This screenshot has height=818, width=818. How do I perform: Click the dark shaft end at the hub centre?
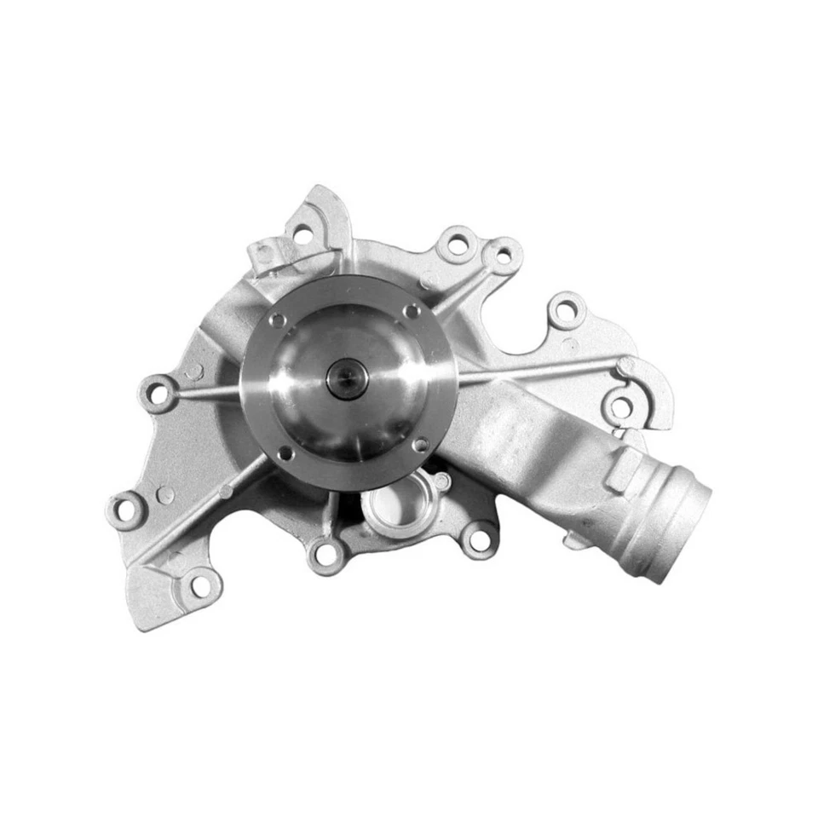pyautogui.click(x=346, y=377)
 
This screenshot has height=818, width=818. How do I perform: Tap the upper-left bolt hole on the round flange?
pyautogui.click(x=277, y=320)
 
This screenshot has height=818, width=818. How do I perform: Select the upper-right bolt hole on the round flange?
pyautogui.click(x=412, y=312)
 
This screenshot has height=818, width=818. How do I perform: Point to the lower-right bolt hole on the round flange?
pyautogui.click(x=420, y=445)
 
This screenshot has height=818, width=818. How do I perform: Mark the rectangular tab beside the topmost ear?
pyautogui.click(x=263, y=253)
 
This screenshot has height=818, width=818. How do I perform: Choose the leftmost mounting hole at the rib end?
pyautogui.click(x=157, y=394)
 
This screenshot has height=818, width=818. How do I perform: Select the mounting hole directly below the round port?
pyautogui.click(x=325, y=555)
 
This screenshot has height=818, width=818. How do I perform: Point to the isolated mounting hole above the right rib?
pyautogui.click(x=563, y=310)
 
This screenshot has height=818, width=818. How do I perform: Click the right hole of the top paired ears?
pyautogui.click(x=503, y=254)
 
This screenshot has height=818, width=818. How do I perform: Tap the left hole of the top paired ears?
pyautogui.click(x=458, y=246)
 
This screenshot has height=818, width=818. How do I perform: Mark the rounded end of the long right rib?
pyautogui.click(x=626, y=365)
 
